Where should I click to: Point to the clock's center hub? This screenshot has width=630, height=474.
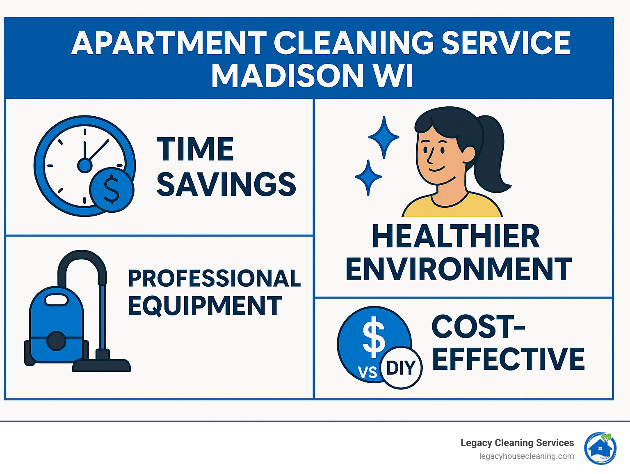[x=85, y=165]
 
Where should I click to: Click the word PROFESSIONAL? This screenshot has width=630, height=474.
[x=214, y=278]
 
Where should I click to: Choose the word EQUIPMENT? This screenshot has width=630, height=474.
[x=205, y=306]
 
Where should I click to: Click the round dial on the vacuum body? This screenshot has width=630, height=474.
[x=57, y=341]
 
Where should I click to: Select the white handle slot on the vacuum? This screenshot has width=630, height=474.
[x=56, y=300]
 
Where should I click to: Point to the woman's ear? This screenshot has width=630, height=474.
[x=468, y=155]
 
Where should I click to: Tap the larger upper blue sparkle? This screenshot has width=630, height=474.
[x=383, y=136]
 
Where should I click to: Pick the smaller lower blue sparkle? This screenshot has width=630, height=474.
[x=368, y=177]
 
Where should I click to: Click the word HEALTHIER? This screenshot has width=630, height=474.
[x=456, y=237]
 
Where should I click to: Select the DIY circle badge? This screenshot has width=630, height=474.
[x=401, y=368]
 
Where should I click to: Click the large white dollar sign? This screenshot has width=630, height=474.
[x=374, y=337]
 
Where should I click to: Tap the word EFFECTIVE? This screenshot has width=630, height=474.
[x=508, y=359]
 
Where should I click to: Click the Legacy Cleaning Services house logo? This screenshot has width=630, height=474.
[x=600, y=448]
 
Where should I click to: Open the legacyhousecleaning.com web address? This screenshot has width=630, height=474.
[x=526, y=456]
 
